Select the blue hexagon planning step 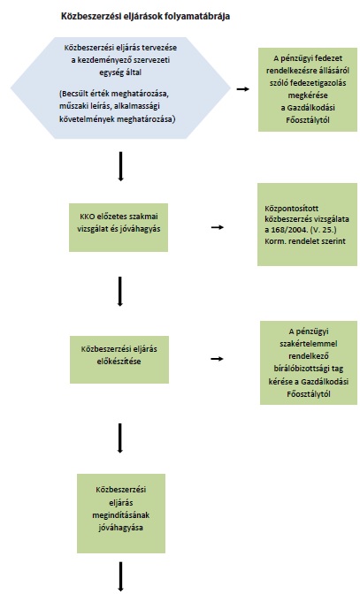120,88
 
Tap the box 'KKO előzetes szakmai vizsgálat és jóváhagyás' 119,227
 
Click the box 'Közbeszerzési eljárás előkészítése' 119,360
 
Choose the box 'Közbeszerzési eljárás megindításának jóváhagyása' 121,514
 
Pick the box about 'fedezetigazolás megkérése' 308,89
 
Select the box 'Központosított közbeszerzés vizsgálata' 307,225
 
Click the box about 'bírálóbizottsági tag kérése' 309,362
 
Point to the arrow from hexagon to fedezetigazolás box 243,89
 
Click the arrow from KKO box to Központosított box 218,227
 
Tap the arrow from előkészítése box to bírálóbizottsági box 217,359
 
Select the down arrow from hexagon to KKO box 120,166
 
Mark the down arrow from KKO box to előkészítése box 120,292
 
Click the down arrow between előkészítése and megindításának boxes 120,438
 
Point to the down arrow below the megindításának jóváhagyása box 121,576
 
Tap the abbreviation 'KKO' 88,217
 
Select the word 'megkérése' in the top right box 308,95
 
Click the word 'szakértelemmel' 309,344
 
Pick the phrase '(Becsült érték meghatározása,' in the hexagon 114,94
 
